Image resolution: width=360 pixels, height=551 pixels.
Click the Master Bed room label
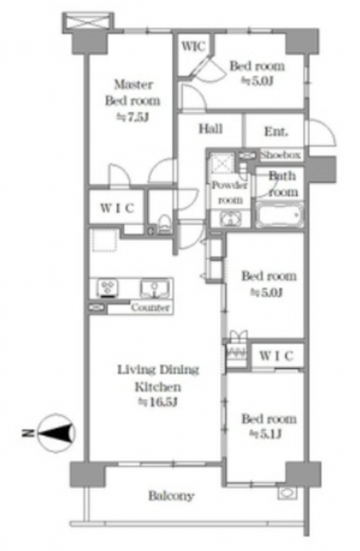pos(133,93)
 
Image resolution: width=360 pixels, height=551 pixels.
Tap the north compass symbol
pos(57,433)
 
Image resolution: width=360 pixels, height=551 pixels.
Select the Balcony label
pos(171,496)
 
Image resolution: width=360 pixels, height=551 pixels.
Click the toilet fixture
pos(164,224)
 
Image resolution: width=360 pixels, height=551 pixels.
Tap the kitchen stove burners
pos(107,288)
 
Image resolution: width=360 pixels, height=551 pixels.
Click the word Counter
pos(150,308)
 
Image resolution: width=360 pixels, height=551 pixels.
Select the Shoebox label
pos(281,154)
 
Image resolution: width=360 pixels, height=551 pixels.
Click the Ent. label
pos(276,132)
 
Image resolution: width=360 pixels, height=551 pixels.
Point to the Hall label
pos(211,129)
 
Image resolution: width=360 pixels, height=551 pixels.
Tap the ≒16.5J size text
pos(157,402)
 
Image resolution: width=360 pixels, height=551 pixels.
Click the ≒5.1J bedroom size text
pos(266,434)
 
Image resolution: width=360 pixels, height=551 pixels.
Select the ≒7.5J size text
pos(133,117)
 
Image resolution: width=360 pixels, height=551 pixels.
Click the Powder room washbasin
pos(230,219)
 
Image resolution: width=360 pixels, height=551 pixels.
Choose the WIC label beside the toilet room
pos(117,208)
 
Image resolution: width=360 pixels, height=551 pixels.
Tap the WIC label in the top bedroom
pos(193,46)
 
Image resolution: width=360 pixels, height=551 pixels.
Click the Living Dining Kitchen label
pos(158,378)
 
